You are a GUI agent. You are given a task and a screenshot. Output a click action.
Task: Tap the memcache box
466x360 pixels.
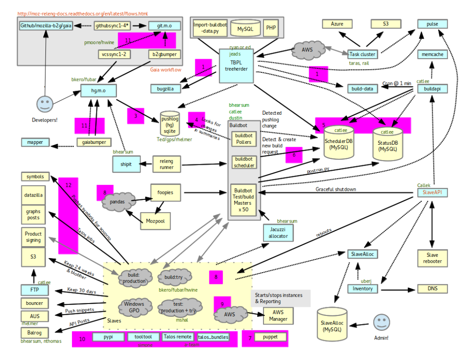(433, 55)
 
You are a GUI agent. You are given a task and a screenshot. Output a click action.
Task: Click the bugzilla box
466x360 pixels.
(165, 88)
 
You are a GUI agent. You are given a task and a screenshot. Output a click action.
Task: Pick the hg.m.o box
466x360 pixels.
(98, 91)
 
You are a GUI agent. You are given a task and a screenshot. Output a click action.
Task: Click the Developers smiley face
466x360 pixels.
(45, 104)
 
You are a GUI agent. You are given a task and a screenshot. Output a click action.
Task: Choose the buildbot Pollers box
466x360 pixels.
(244, 139)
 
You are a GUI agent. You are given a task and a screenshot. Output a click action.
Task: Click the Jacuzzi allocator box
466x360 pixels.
(278, 233)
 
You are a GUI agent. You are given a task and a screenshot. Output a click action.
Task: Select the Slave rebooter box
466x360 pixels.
(432, 258)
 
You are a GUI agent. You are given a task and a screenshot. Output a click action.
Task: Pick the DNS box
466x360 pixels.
(432, 289)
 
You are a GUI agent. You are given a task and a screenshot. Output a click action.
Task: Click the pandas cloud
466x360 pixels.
(117, 200)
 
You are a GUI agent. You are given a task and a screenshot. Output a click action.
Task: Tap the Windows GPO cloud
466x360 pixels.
(134, 307)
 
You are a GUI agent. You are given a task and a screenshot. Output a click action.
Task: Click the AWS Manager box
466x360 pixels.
(278, 315)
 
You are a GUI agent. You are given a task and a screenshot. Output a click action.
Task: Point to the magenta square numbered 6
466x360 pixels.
(294, 155)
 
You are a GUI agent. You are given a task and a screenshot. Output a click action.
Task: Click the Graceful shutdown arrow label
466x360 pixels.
(336, 189)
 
